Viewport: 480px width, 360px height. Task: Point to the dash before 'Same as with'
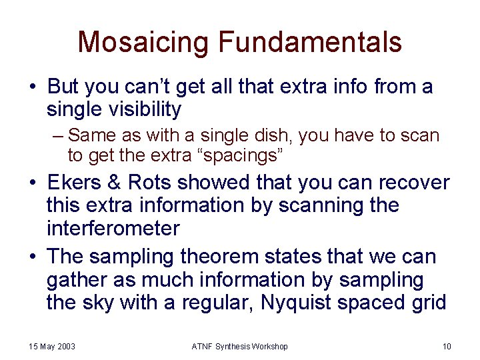(57, 136)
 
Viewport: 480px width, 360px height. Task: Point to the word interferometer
(113, 229)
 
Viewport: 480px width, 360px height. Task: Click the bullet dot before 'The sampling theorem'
(33, 256)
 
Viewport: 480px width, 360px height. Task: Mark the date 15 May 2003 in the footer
(52, 347)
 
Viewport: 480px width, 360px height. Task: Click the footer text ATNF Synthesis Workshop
(240, 347)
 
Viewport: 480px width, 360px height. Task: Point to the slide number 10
(446, 347)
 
